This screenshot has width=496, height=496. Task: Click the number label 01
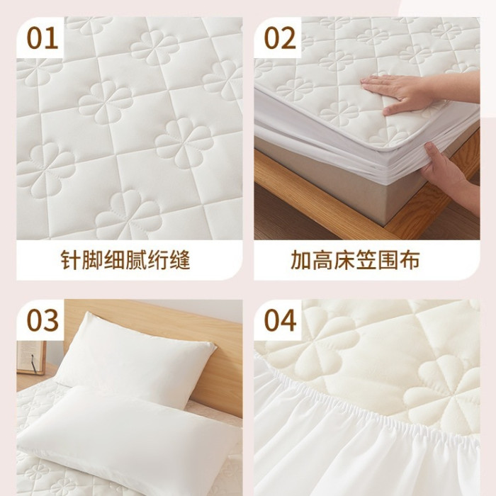[x=43, y=38]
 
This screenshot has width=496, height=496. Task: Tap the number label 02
[x=280, y=38]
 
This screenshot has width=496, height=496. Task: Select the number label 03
[x=43, y=320]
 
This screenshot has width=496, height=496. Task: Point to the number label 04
[x=281, y=320]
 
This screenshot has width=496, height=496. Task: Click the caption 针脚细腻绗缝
[x=125, y=260]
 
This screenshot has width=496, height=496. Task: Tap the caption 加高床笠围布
[x=355, y=260]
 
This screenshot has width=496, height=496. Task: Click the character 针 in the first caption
[x=71, y=260]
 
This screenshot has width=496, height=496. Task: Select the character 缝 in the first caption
[x=180, y=260]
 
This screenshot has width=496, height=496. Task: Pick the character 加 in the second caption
[x=300, y=260]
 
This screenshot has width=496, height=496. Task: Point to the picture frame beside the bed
[x=31, y=357]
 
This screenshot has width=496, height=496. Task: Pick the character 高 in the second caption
[x=322, y=260]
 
